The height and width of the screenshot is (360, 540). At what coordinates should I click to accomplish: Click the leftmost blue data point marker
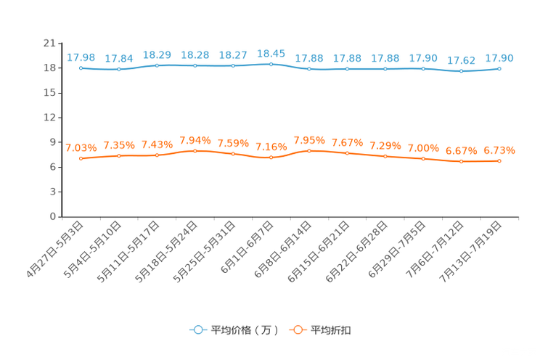tap(81, 68)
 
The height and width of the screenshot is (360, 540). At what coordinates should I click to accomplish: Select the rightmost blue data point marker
tap(499, 68)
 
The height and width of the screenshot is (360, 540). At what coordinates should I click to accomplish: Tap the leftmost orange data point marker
tap(81, 159)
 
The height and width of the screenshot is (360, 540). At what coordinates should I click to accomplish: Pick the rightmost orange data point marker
tap(499, 161)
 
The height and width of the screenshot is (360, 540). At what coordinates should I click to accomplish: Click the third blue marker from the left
tap(157, 66)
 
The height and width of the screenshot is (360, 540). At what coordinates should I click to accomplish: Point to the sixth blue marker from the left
tap(271, 65)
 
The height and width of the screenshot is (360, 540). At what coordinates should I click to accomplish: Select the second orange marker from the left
tap(119, 156)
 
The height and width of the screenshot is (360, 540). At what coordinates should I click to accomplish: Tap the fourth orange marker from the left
tap(195, 151)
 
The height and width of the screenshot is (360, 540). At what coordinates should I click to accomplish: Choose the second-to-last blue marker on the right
tap(461, 71)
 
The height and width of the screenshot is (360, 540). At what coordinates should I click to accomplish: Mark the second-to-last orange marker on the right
tap(461, 161)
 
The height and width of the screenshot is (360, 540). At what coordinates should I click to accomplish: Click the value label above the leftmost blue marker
tap(81, 57)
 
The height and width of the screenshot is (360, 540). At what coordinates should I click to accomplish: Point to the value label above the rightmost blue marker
tap(499, 57)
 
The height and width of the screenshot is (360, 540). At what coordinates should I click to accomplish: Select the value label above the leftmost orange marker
tap(81, 147)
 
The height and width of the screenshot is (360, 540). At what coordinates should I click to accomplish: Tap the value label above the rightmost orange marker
tap(499, 150)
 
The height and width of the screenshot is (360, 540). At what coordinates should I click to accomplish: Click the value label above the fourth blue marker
tap(195, 54)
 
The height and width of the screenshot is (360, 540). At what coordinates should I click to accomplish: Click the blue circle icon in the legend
tap(197, 330)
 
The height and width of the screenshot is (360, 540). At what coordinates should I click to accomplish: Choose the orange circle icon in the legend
tap(296, 330)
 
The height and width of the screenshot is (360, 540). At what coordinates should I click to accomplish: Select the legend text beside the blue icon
tap(244, 330)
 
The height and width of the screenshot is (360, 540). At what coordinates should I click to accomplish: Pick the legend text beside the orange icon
tap(332, 330)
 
